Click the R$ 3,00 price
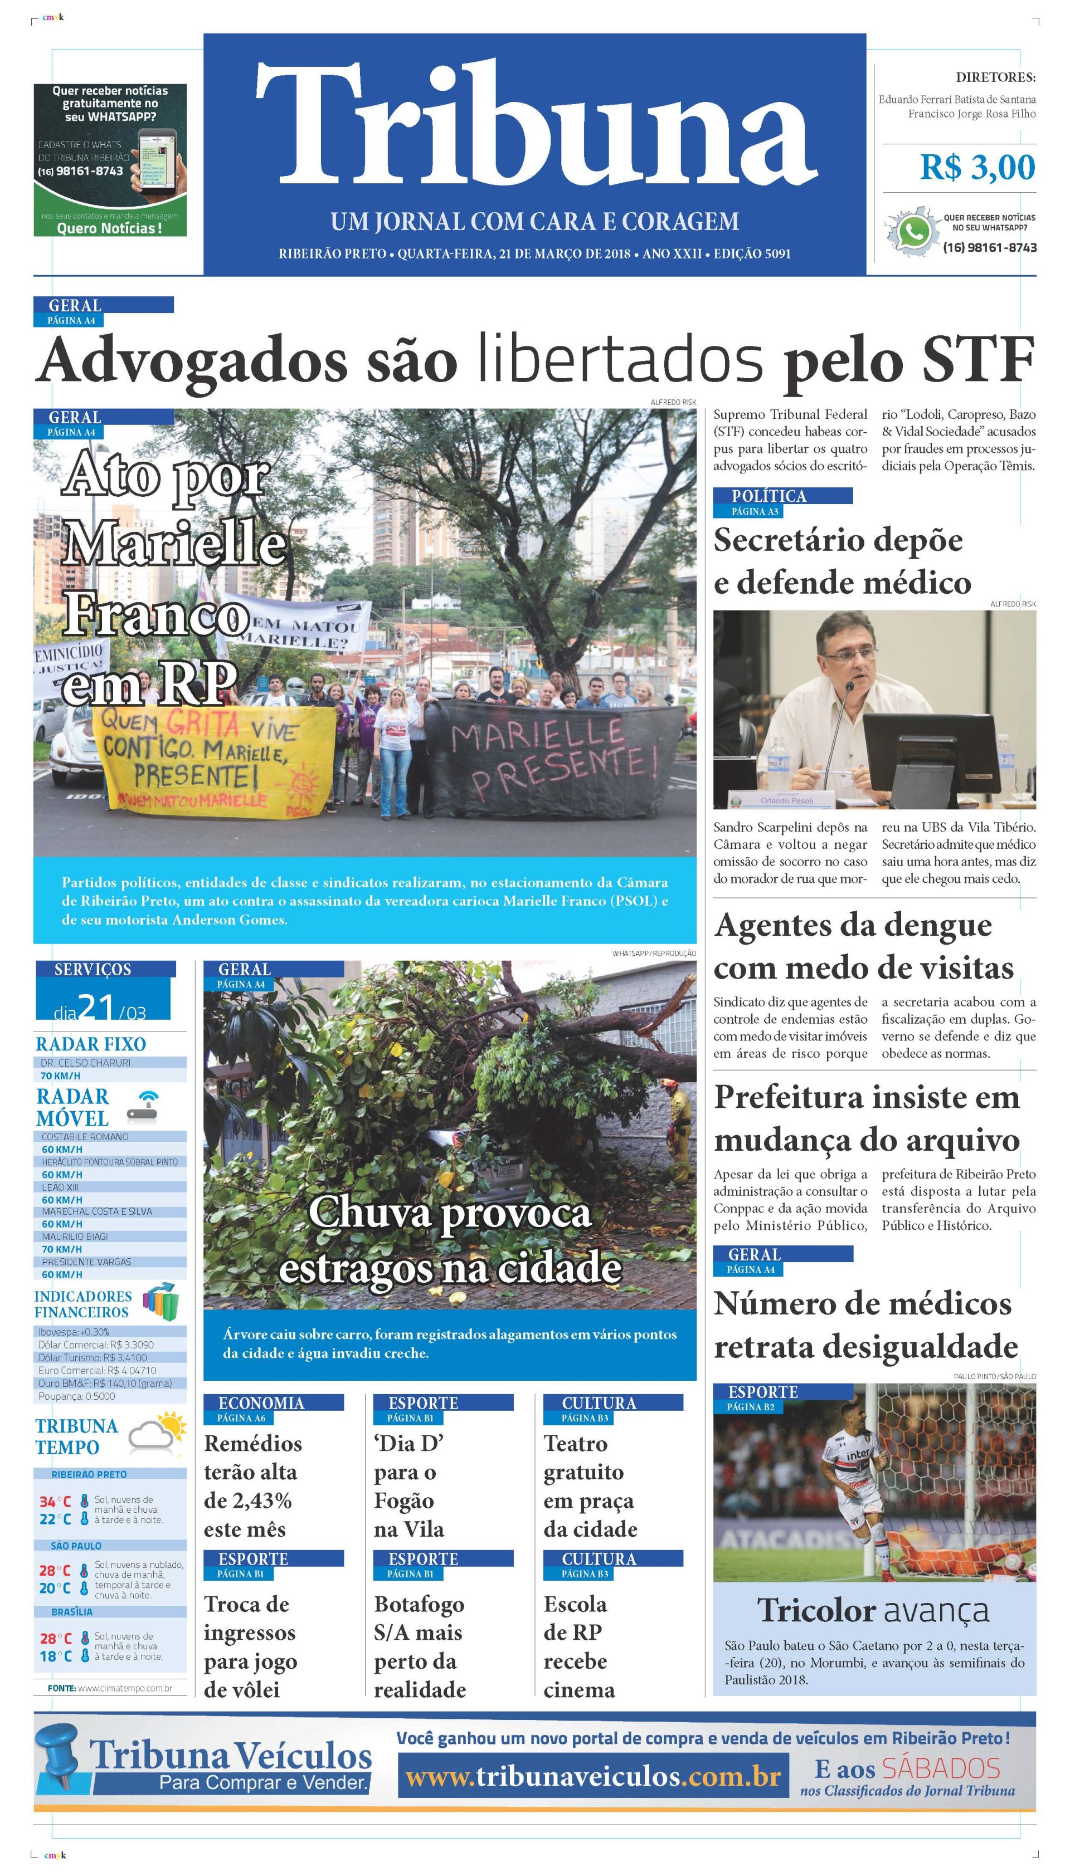pos(977,168)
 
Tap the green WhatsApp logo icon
pos(913,233)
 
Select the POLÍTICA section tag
pos(769,496)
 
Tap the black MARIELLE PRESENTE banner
pos(551,756)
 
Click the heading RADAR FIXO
pos(90,1044)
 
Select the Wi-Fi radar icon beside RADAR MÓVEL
pos(143,1106)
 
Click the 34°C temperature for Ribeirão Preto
pos(55,1502)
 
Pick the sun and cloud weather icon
pos(157,1433)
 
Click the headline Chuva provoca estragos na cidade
pos(450,1240)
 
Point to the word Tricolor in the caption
pos(816,1611)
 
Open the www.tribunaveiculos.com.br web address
pos(592,1777)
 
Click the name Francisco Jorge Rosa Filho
pos(971,114)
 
